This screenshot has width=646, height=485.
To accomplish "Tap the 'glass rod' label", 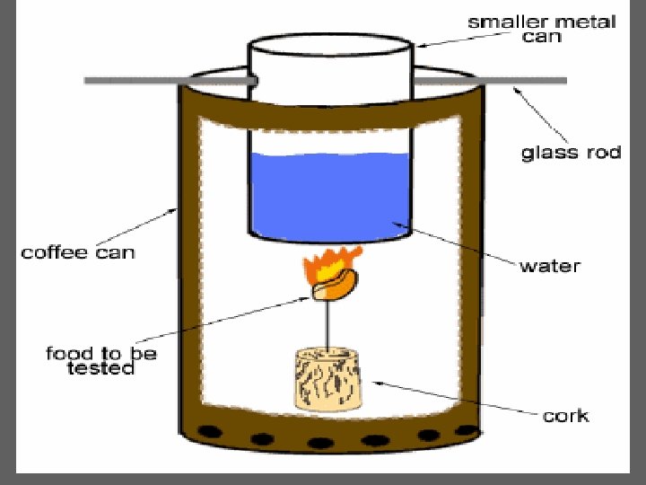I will pyautogui.click(x=571, y=152).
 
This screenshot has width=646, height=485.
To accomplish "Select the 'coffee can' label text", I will pyautogui.click(x=78, y=251).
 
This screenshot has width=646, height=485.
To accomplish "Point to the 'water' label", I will pyautogui.click(x=549, y=266).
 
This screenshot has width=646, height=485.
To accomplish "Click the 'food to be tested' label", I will pyautogui.click(x=100, y=360).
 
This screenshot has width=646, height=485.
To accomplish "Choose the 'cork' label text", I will pyautogui.click(x=565, y=415).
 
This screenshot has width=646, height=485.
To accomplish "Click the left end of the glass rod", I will pyautogui.click(x=90, y=81).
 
